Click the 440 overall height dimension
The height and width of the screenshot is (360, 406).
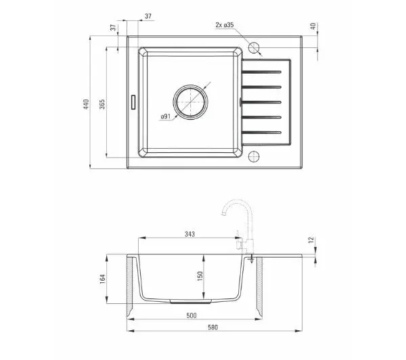tap(86, 104)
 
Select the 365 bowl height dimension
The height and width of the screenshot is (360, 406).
tap(102, 104)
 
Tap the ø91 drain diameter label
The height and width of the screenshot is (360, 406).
tap(166, 116)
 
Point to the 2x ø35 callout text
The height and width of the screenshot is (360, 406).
tap(225, 25)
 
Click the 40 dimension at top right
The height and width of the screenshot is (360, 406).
tap(313, 26)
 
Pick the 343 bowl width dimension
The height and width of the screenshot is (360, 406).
tap(189, 234)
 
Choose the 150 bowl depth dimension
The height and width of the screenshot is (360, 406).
tap(200, 276)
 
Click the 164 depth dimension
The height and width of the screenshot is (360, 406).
tap(103, 279)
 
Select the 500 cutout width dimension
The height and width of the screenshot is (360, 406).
tap(191, 315)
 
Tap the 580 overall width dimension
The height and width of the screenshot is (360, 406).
tap(213, 328)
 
